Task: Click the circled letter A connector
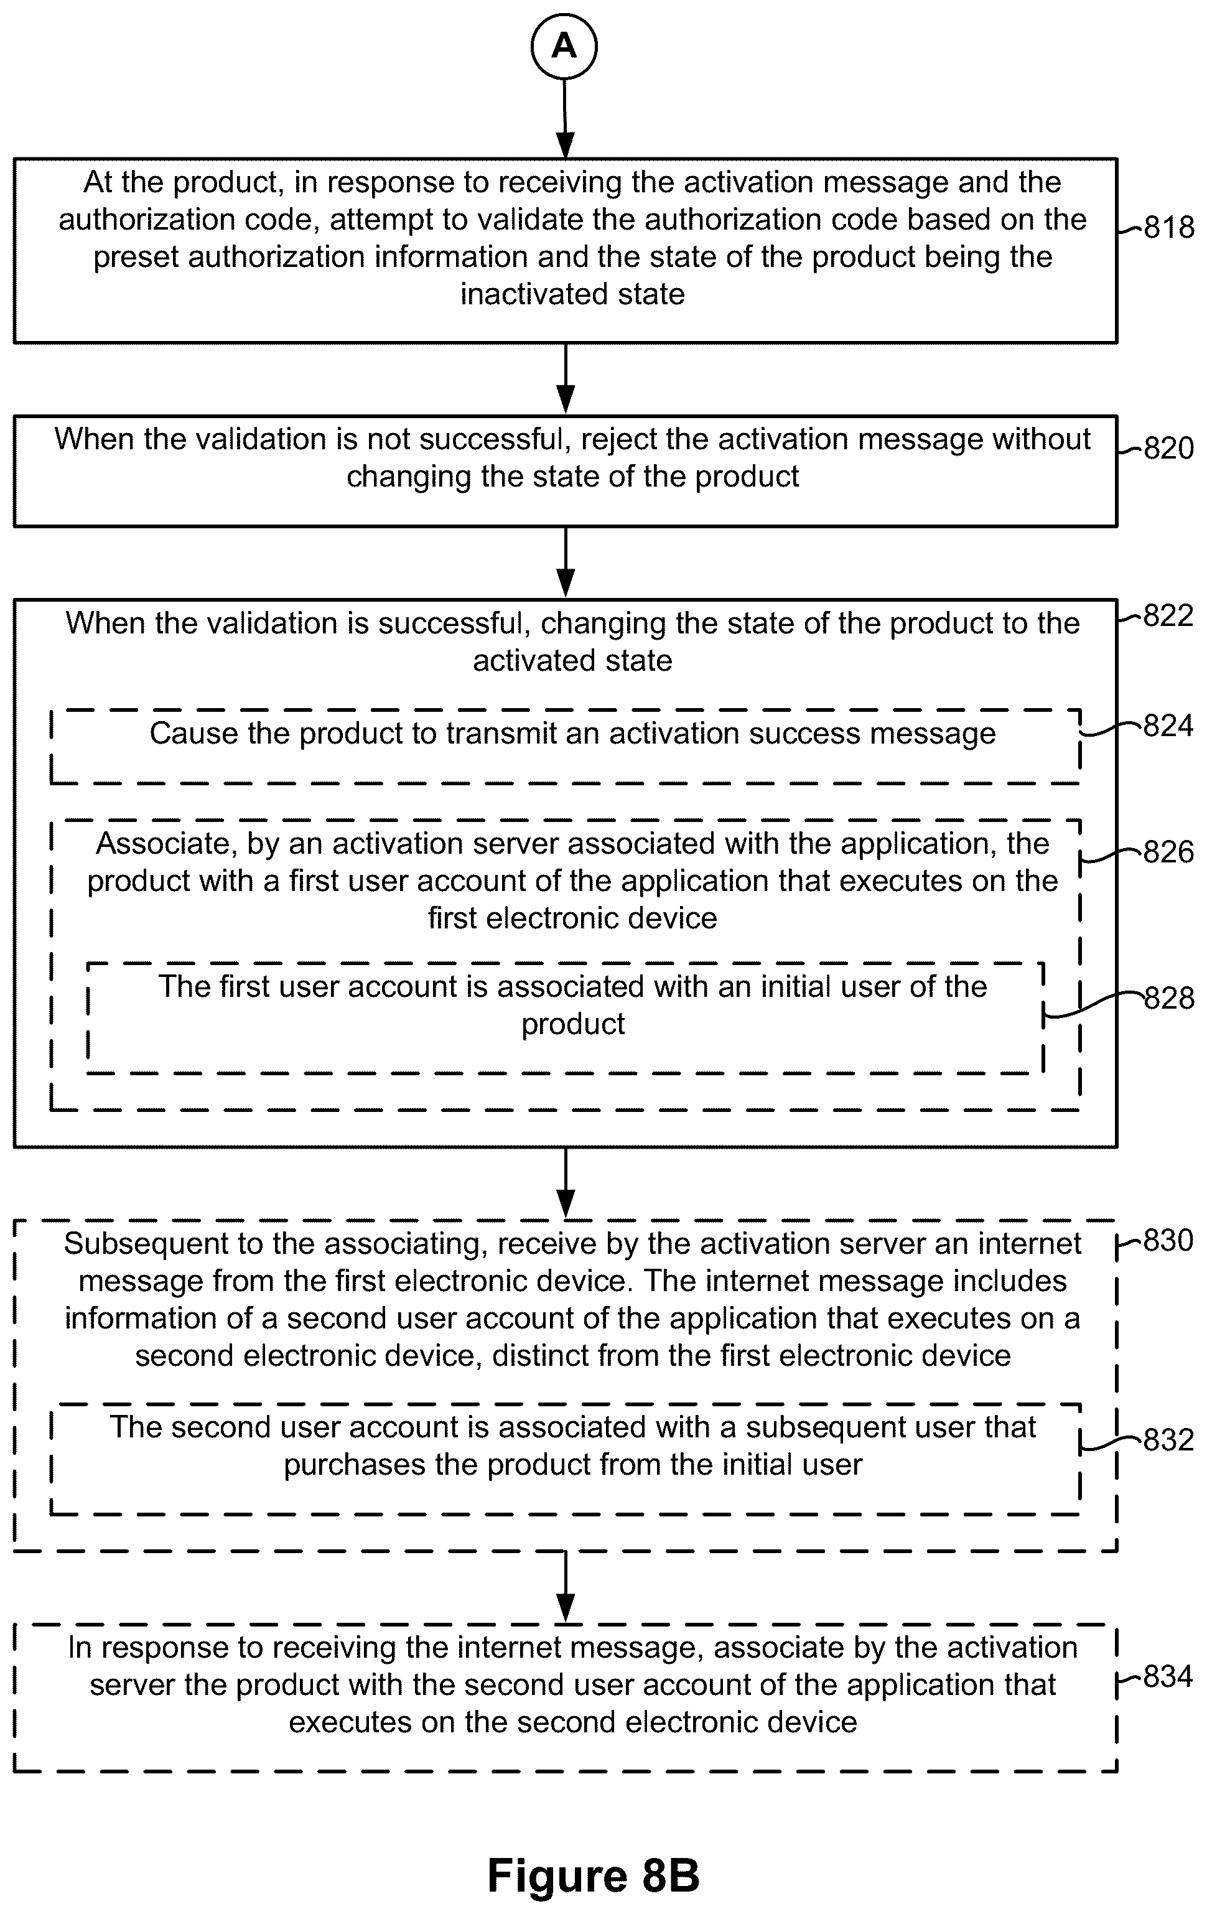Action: coord(564,47)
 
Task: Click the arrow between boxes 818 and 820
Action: coord(565,379)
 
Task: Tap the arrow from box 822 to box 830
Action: coord(565,1183)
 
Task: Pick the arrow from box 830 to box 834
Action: coord(565,1587)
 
